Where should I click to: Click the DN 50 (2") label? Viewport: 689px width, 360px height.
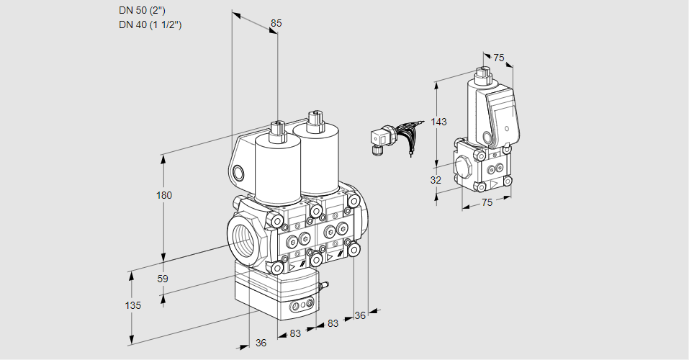144,10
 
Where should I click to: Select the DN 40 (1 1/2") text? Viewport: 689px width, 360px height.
150,24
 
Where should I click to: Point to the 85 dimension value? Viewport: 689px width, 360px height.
276,23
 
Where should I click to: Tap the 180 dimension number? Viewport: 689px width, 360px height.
164,195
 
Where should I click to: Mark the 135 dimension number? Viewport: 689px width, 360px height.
132,305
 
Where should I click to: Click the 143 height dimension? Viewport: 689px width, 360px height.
439,122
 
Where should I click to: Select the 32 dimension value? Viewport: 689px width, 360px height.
436,180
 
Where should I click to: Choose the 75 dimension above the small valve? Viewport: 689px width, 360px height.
498,58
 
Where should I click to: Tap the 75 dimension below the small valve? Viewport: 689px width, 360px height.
487,203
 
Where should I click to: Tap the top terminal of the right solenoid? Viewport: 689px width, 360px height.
312,118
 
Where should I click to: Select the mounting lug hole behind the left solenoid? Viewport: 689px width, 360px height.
238,172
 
